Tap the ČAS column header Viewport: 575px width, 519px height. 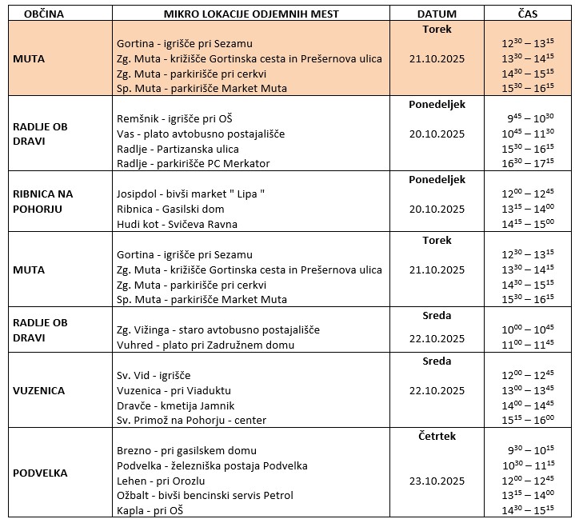coord(526,14)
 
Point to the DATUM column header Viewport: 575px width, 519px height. coord(436,14)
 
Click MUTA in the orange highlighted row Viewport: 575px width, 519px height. coord(29,58)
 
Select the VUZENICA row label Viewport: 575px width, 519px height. coord(38,391)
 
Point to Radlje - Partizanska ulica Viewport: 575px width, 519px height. coord(178,149)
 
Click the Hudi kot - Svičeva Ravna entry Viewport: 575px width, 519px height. coord(177,224)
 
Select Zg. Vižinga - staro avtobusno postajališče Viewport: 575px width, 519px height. coord(218,330)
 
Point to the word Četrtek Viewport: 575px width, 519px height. coord(436,436)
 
